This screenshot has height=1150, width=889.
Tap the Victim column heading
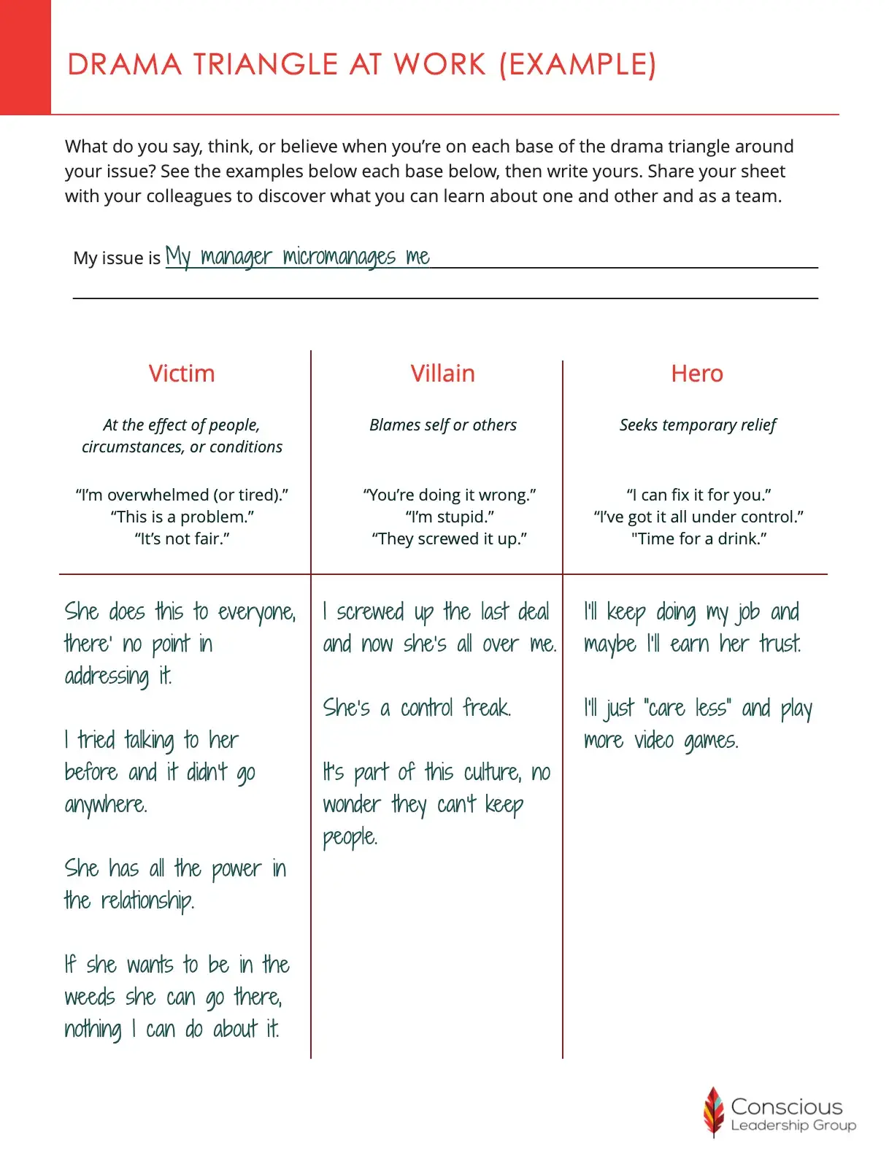pos(182,374)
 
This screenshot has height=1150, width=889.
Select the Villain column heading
pos(442,374)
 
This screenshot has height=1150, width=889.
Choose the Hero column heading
pos(697,374)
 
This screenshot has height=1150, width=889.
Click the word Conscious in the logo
pos(786,1106)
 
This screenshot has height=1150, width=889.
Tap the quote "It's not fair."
pos(182,539)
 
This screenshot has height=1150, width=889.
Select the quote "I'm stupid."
pos(450,517)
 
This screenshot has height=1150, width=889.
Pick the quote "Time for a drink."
pos(698,539)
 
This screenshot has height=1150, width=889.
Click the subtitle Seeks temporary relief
pos(698,425)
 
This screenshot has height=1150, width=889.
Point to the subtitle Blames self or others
pos(443,425)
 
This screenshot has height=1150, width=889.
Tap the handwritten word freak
pos(487,708)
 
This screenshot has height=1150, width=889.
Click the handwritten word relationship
pos(147,900)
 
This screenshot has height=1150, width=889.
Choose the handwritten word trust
pos(780,644)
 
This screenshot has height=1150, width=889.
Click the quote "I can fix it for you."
pos(698,495)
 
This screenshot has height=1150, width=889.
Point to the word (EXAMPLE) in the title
pos(577,65)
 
